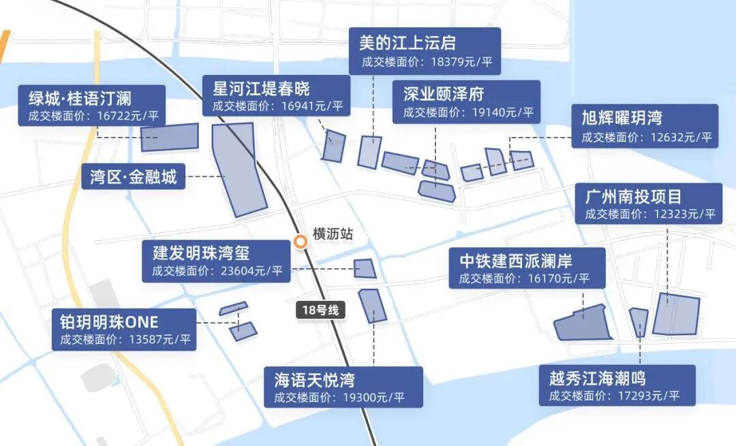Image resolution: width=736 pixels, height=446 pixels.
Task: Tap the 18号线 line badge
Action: click(x=320, y=310)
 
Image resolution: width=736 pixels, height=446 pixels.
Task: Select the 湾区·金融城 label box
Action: click(x=134, y=178)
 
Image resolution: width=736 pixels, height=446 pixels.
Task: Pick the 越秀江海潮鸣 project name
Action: click(x=597, y=378)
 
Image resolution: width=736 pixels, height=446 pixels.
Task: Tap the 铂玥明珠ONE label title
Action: click(x=109, y=321)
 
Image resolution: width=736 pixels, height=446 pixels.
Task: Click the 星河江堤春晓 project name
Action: click(x=261, y=89)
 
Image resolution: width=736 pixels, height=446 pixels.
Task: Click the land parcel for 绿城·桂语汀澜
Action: click(x=170, y=137)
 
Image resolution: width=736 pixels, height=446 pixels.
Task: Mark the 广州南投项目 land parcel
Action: click(x=676, y=314)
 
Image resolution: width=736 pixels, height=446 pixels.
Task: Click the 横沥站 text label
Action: click(x=333, y=234)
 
